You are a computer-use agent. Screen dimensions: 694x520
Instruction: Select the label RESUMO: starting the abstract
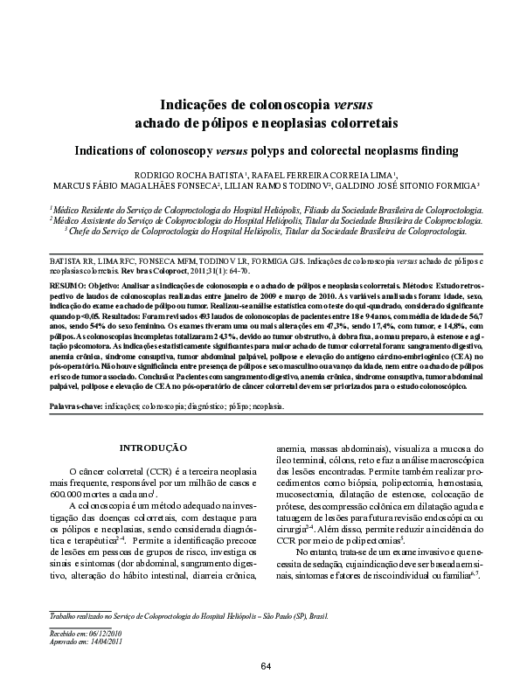(x=68, y=286)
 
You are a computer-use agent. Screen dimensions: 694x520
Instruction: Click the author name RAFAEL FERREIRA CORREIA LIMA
(x=301, y=176)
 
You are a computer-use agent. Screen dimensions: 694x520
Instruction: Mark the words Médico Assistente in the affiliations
(x=87, y=221)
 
